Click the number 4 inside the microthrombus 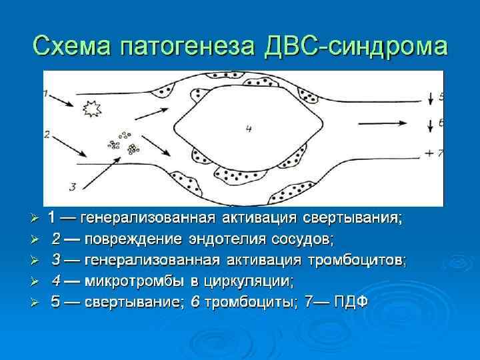pos(248,128)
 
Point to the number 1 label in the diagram pos(46,94)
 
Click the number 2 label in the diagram pos(47,133)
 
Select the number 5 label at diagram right pos(441,97)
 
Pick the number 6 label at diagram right pos(441,123)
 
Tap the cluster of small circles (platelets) pos(123,141)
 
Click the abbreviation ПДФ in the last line pos(349,301)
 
